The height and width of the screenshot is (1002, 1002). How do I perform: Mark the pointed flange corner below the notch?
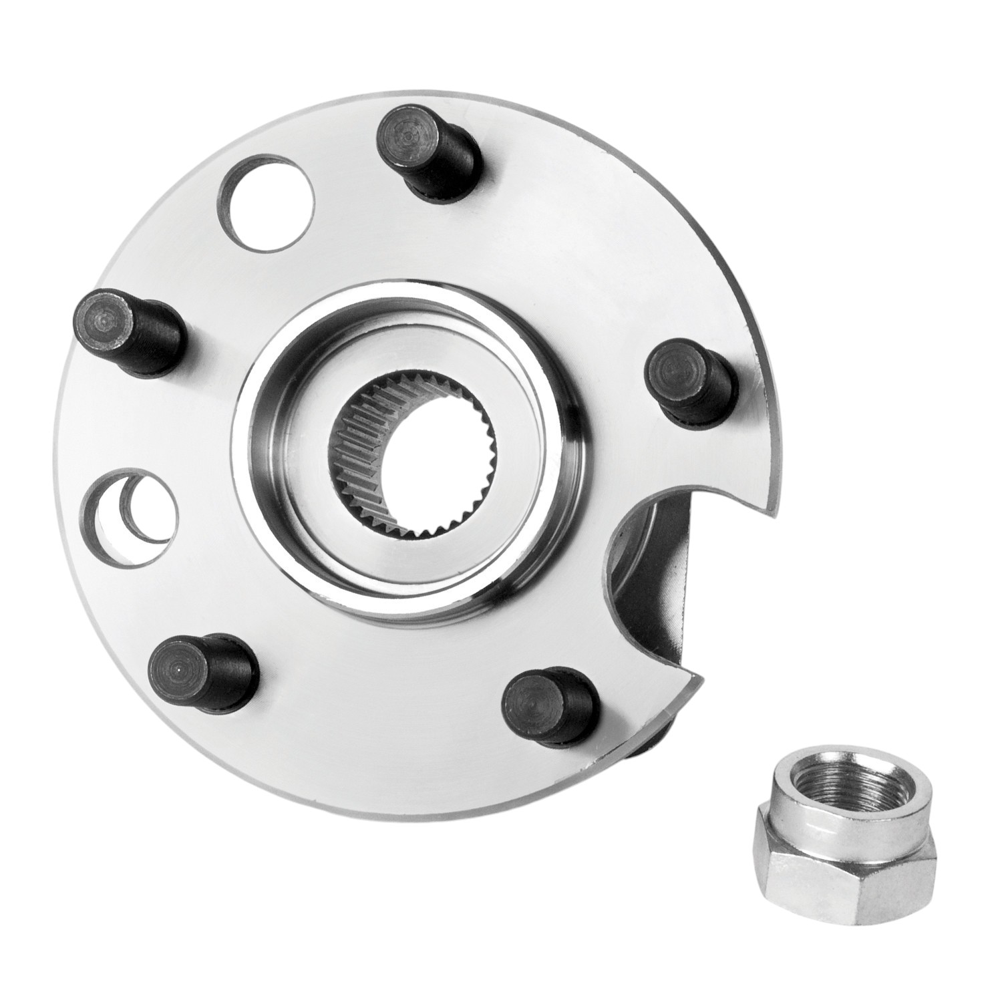tap(698, 678)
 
